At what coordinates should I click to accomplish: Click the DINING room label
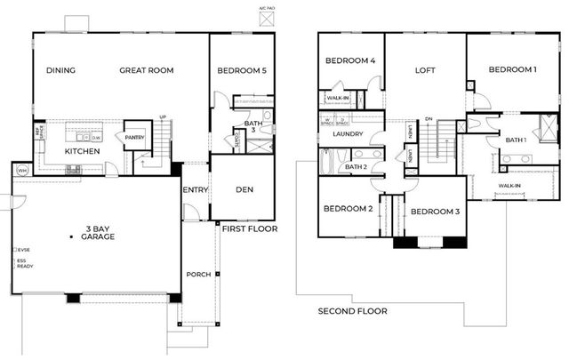(60, 71)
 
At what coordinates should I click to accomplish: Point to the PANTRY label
(135, 138)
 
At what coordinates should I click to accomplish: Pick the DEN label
(244, 189)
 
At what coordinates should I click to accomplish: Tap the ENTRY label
(195, 189)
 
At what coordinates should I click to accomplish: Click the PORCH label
(198, 275)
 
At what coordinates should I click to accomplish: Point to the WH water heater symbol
(21, 170)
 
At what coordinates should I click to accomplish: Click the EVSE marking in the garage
(22, 251)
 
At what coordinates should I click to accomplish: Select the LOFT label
(425, 70)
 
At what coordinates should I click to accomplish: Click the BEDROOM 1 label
(513, 70)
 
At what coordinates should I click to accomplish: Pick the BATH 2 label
(357, 167)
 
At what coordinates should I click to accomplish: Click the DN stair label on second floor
(429, 118)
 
